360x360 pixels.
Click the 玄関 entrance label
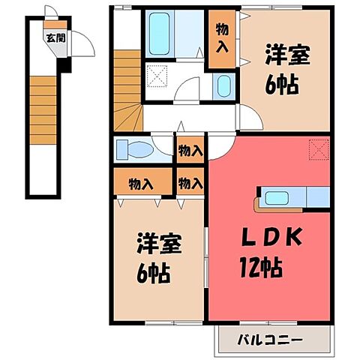click(x=50, y=37)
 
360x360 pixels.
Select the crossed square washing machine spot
click(x=157, y=76)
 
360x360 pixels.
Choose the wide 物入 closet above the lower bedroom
click(x=142, y=183)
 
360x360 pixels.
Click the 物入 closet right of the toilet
click(x=190, y=150)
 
